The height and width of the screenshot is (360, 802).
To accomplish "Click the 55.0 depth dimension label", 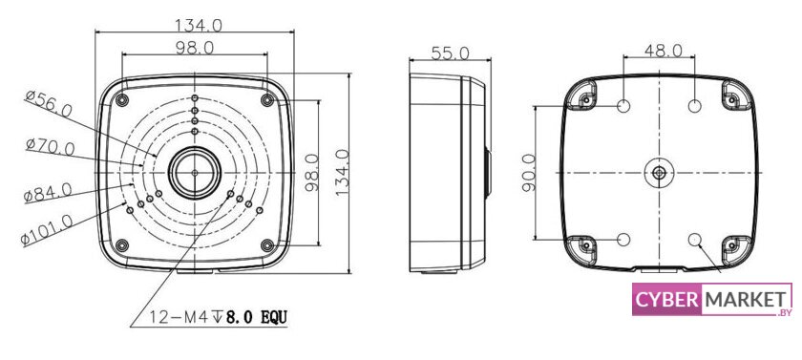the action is [450, 53].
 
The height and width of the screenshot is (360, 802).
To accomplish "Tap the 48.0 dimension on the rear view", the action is [663, 50].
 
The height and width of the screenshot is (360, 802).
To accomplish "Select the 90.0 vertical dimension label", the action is [529, 173].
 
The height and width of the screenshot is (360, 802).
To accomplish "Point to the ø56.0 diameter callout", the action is [49, 104].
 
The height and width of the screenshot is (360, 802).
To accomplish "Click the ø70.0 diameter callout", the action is [50, 147].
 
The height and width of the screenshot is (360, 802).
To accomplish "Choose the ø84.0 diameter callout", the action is [48, 192].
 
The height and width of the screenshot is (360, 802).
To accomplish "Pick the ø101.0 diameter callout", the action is [47, 229].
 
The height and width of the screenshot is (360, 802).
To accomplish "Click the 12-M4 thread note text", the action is [218, 318].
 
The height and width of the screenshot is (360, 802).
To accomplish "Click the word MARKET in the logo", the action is [745, 299].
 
